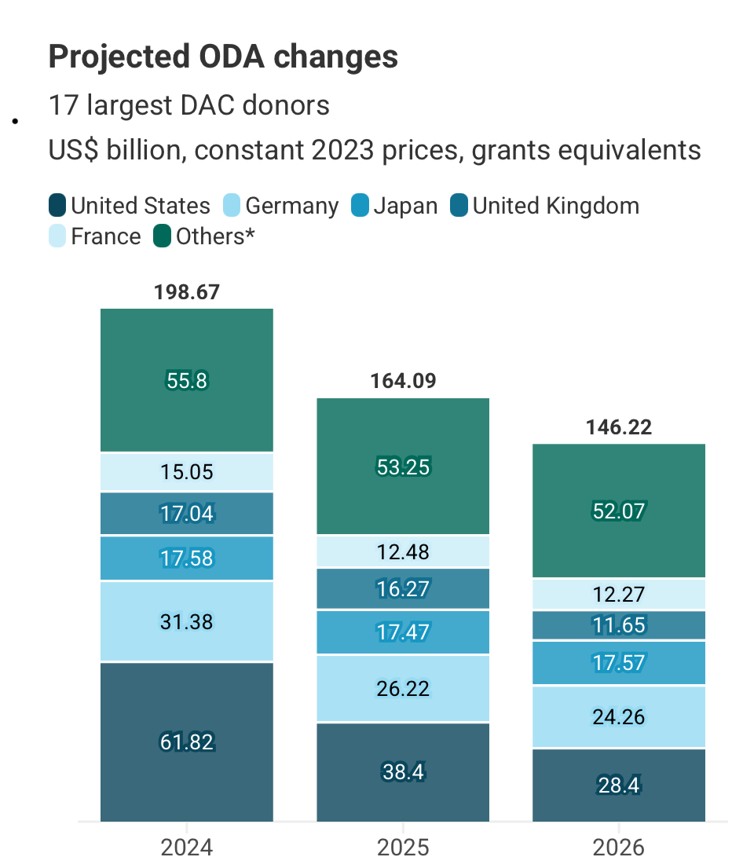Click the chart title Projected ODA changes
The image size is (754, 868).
pos(223,57)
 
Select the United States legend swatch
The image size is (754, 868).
pos(57,207)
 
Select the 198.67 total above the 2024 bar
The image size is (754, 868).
pos(187,293)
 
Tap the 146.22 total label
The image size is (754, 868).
pos(619,428)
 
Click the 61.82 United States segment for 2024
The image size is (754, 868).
pos(187,742)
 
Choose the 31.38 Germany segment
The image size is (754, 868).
pos(187,621)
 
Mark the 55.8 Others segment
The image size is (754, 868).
pos(187,381)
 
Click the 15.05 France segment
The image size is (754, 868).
pos(187,472)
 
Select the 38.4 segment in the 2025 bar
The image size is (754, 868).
pos(403,772)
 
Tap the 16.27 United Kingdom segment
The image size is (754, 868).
pos(403,589)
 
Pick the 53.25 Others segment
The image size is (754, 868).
pos(403,467)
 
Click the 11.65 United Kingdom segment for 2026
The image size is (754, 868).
pos(619,625)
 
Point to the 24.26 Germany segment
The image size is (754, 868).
pos(619,716)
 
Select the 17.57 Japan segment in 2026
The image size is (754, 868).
pos(619,663)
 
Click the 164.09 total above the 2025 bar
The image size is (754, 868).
pos(403,382)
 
